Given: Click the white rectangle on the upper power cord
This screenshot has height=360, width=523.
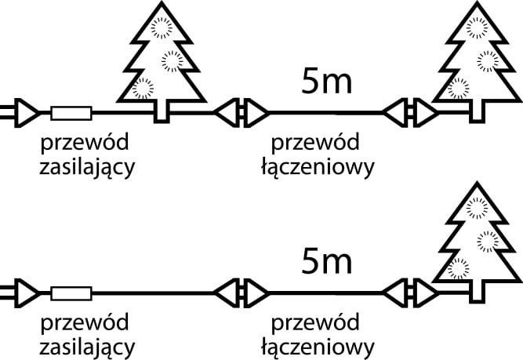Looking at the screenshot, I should click(x=71, y=113).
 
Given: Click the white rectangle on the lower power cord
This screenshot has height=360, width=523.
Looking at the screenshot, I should click(x=71, y=293).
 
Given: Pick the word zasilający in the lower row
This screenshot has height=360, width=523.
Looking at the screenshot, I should click(x=87, y=346).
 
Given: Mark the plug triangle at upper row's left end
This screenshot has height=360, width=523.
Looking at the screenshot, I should click(x=24, y=113).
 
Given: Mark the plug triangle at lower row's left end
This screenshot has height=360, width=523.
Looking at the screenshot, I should click(x=24, y=293).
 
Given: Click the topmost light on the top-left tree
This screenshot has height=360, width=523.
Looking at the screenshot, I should click(x=161, y=27).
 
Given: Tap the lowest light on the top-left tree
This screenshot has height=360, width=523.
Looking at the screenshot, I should click(x=142, y=88).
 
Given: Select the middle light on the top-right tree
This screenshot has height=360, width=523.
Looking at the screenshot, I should click(x=488, y=59).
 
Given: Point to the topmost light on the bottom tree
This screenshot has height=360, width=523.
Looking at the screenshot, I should click(x=476, y=207).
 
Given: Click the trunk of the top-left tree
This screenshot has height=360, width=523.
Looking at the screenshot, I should click(x=162, y=111).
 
